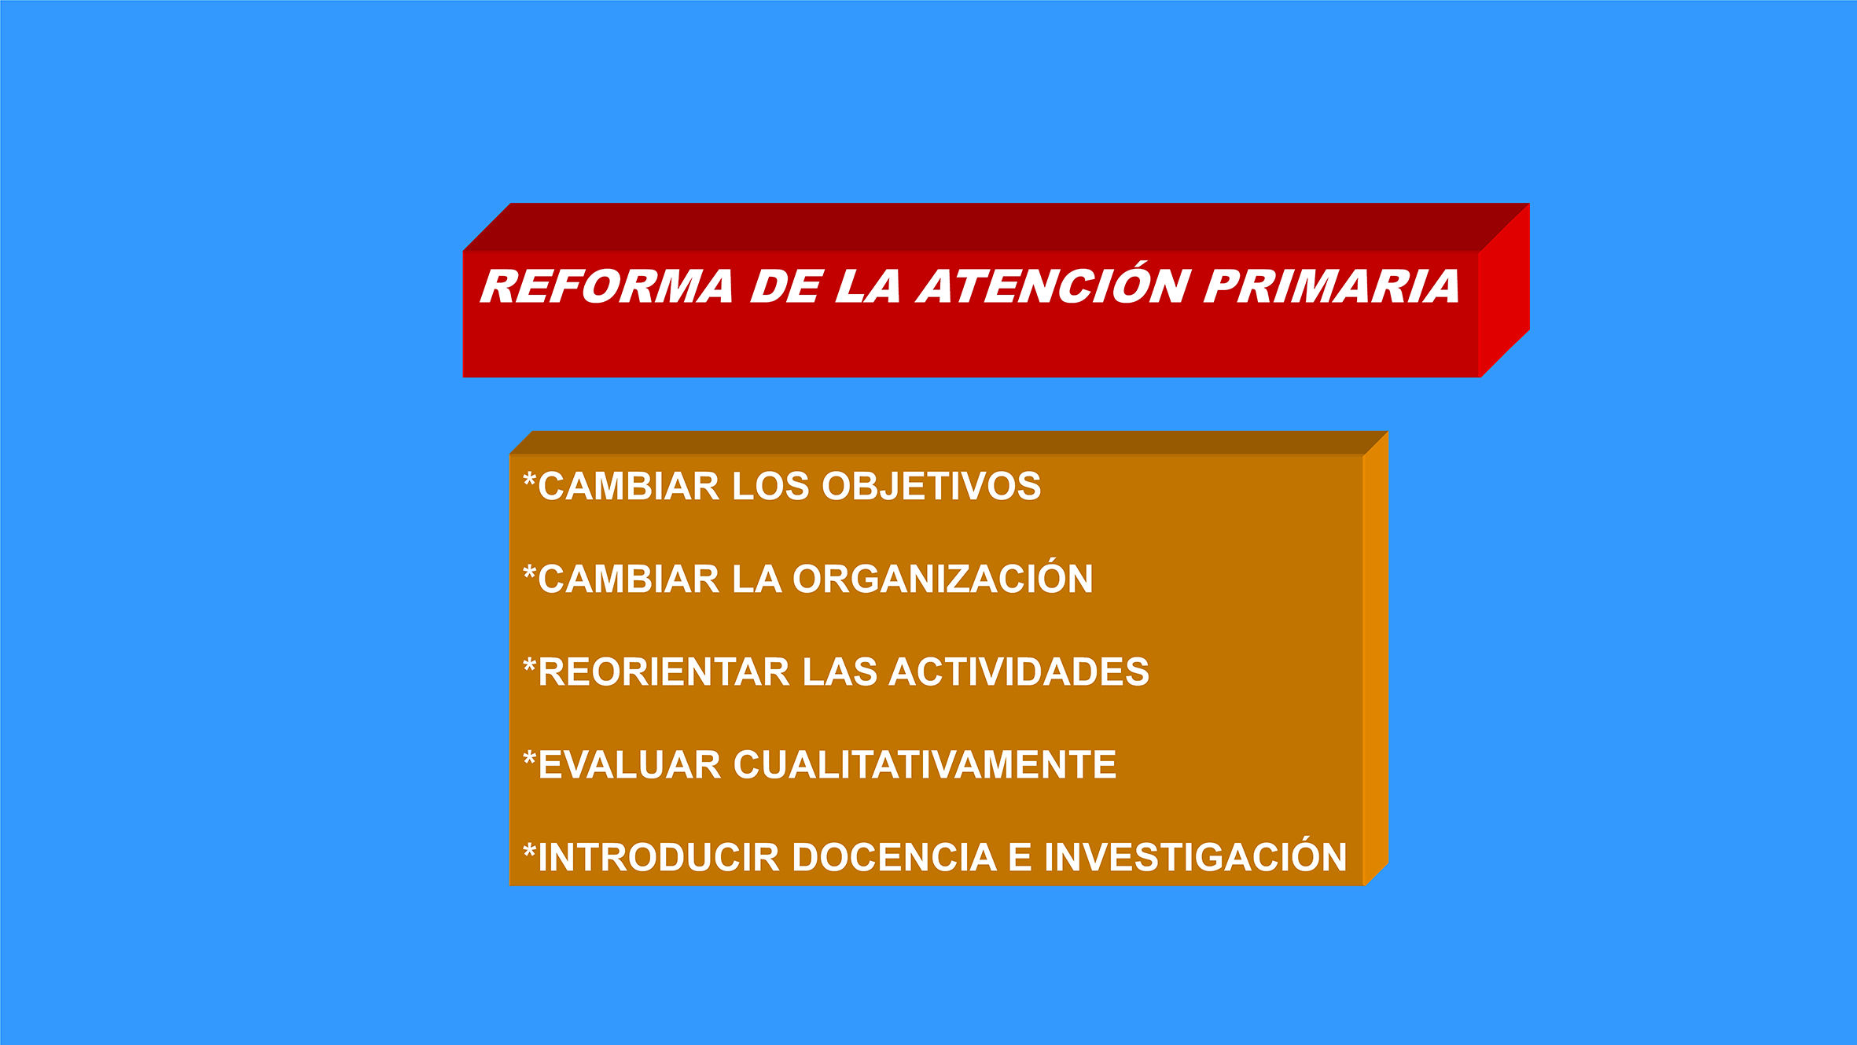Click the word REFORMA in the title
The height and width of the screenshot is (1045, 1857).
(x=607, y=286)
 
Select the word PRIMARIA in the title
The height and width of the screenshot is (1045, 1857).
(x=1332, y=286)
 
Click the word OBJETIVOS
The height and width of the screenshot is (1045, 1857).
(x=932, y=486)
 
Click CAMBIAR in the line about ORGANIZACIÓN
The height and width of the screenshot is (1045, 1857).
(x=629, y=580)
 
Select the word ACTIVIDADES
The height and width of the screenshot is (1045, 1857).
(x=1019, y=672)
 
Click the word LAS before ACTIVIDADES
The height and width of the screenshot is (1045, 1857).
(x=840, y=672)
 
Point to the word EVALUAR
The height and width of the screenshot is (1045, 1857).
(x=629, y=765)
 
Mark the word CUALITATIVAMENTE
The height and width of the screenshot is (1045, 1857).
(x=925, y=765)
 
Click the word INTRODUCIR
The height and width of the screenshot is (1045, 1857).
(x=658, y=857)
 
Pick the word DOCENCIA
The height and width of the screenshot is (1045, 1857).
(x=894, y=857)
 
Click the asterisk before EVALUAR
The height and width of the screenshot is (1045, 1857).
(x=530, y=759)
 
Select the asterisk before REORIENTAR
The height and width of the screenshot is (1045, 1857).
(x=530, y=666)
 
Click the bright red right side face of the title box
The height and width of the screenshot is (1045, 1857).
(x=1504, y=291)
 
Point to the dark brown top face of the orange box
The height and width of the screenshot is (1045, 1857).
(x=949, y=443)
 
